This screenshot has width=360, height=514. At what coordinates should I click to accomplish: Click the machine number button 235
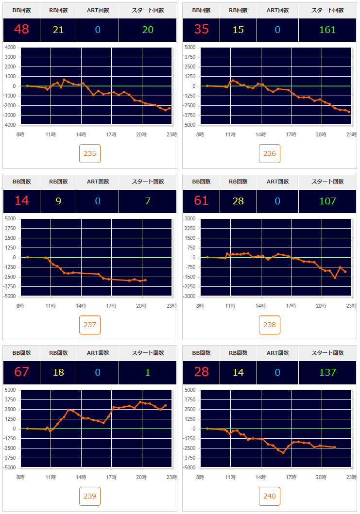90,154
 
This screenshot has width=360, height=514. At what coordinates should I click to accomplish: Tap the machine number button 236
270,154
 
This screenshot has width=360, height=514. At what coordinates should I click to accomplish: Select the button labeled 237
90,325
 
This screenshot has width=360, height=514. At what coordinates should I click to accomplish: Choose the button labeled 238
270,325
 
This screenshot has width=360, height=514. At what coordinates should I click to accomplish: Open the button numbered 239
90,496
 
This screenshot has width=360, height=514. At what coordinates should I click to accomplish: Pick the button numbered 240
270,496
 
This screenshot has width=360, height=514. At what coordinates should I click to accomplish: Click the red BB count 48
21,30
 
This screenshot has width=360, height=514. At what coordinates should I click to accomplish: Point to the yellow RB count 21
58,30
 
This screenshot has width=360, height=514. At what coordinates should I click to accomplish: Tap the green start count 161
327,30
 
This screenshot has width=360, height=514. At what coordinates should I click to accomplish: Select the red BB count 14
21,201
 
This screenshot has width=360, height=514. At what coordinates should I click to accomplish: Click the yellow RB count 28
238,201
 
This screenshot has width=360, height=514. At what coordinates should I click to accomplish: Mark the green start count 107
327,201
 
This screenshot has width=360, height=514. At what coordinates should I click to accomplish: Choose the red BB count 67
21,372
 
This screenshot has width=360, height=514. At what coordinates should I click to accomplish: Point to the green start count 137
327,372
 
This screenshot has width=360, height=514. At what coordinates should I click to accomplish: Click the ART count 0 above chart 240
277,372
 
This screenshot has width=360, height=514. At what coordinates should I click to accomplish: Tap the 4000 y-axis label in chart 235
10,48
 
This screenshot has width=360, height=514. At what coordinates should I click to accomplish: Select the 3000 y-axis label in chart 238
190,219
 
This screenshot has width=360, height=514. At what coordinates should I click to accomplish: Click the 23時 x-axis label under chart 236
351,134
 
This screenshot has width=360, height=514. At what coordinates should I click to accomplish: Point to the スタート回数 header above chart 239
148,353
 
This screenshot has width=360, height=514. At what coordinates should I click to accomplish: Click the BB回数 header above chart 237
21,182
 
